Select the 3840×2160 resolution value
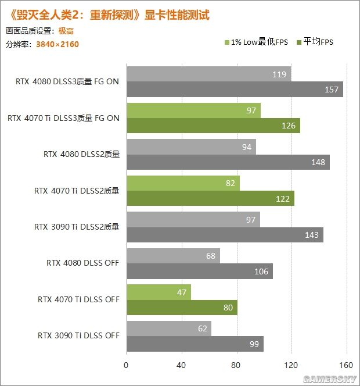57,44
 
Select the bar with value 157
235,89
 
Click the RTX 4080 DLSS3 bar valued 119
208,74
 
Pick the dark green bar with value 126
213,126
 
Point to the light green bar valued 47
159,292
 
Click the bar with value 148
228,162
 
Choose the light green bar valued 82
183,184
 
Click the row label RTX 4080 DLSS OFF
82,263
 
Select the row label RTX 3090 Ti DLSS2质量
77,227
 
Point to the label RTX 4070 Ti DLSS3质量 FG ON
64,118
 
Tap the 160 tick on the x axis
347,366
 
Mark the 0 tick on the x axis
126,366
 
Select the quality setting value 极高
66,31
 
